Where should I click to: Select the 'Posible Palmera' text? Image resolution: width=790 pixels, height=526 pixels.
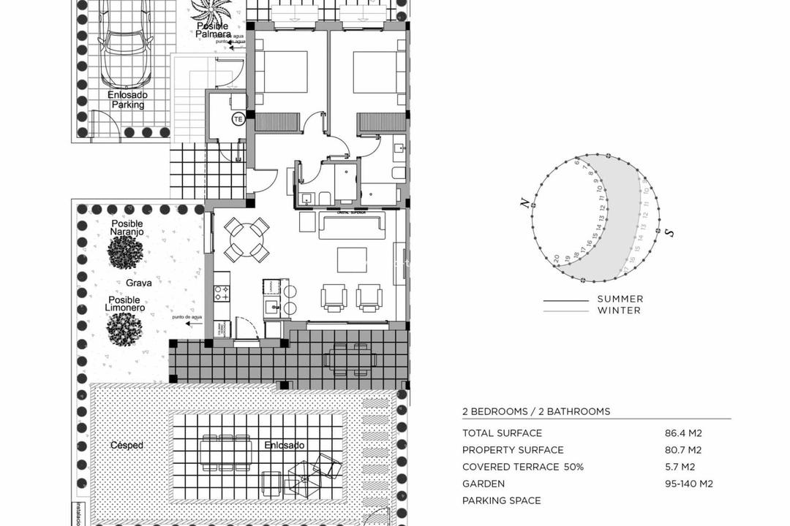tap(213, 30)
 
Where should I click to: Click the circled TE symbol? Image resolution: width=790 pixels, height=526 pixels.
tap(238, 118)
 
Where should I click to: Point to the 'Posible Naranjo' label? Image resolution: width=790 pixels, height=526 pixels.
tap(127, 228)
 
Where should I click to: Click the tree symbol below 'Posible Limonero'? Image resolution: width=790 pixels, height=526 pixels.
tap(125, 329)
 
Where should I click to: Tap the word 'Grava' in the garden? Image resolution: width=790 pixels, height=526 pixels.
tap(139, 283)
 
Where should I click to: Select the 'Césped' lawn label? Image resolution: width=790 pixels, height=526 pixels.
tap(127, 445)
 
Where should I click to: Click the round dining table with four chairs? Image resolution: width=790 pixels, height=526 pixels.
tap(247, 240)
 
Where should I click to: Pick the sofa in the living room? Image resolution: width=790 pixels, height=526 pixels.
tap(352, 226)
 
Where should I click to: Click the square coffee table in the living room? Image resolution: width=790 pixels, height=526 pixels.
tap(352, 259)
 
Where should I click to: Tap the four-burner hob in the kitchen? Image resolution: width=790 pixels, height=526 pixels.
tap(222, 294)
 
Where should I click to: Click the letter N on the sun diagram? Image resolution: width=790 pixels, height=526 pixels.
tap(524, 204)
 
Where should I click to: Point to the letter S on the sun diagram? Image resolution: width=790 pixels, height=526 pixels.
tap(669, 232)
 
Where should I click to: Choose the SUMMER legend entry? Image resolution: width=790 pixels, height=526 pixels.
tap(620, 299)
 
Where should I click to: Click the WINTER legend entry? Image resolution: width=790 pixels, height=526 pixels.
tap(619, 310)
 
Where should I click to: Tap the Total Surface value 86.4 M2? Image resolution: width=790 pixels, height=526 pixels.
tap(683, 433)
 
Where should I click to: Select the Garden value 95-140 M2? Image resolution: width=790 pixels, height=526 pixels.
tap(688, 484)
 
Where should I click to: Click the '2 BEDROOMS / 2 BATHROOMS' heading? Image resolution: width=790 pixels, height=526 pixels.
tap(536, 411)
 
